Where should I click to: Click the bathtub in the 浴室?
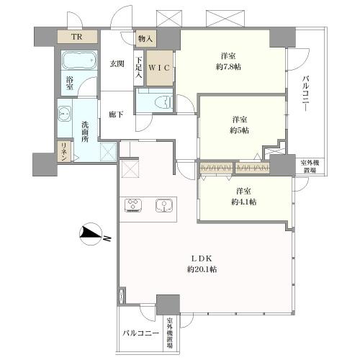pyautogui.click(x=79, y=60)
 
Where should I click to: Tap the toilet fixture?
pyautogui.click(x=165, y=102)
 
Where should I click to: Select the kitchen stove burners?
pyautogui.click(x=133, y=206)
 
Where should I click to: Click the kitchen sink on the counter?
pyautogui.click(x=164, y=206)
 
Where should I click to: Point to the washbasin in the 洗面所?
pyautogui.click(x=64, y=113)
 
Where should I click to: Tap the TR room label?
pyautogui.click(x=77, y=37)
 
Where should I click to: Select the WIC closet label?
pyautogui.click(x=159, y=68)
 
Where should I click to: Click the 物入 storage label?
pyautogui.click(x=145, y=38)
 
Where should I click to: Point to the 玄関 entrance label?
pyautogui.click(x=117, y=64)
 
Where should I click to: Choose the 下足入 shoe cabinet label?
pyautogui.click(x=138, y=68)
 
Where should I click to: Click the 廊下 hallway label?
pyautogui.click(x=116, y=114)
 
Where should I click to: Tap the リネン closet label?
pyautogui.click(x=64, y=152)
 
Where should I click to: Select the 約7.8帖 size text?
pyautogui.click(x=228, y=67)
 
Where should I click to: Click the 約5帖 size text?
pyautogui.click(x=240, y=130)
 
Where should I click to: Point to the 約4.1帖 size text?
pyautogui.click(x=243, y=202)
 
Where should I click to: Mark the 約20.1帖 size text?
pyautogui.click(x=202, y=269)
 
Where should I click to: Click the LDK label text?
pyautogui.click(x=202, y=258)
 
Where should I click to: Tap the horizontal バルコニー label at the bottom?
pyautogui.click(x=141, y=333)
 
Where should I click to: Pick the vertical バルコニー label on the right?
pyautogui.click(x=305, y=94)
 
